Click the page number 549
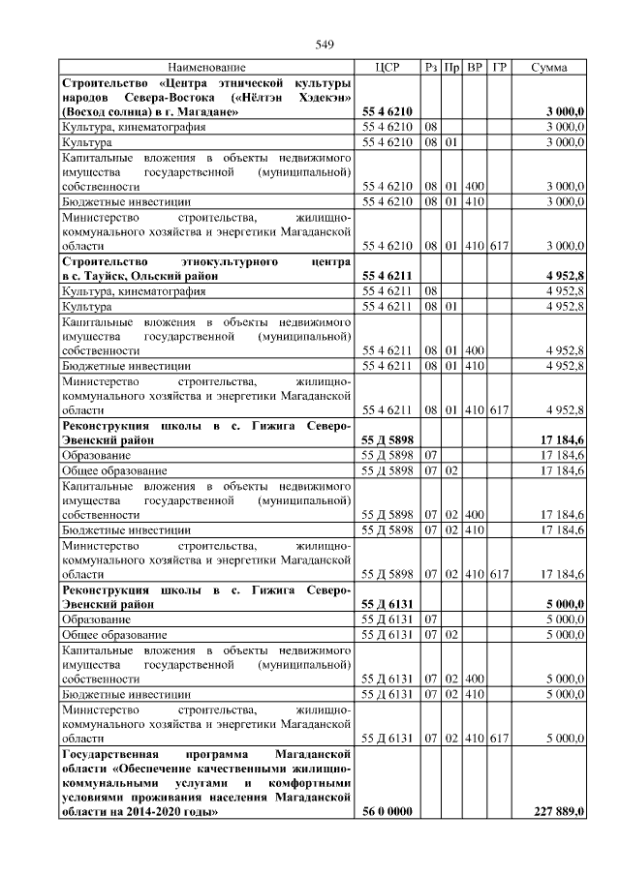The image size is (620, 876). (x=324, y=45)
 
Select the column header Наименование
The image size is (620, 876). (x=206, y=68)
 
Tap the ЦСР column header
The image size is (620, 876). (x=387, y=68)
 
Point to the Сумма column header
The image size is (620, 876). (x=549, y=68)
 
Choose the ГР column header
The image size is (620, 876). (x=499, y=68)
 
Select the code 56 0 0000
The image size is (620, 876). (x=387, y=811)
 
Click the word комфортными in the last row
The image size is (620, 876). (x=309, y=780)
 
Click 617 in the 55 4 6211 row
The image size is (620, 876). (x=499, y=410)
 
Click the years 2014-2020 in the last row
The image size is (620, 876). (x=164, y=811)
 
